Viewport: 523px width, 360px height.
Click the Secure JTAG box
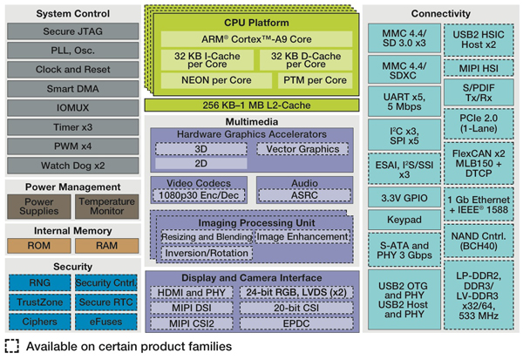point(70,30)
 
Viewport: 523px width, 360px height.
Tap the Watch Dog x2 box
point(70,166)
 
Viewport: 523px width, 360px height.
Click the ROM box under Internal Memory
point(37,246)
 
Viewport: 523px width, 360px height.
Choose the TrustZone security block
point(37,302)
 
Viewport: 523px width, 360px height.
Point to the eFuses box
point(104,321)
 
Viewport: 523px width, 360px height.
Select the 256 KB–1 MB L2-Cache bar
point(251,105)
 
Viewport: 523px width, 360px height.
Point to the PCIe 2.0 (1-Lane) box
point(476,123)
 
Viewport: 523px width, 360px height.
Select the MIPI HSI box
point(476,66)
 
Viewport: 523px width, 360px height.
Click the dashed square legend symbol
point(11,347)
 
